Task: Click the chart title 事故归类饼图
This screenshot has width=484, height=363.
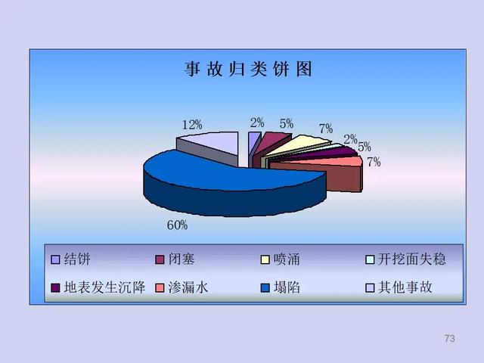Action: tap(248, 69)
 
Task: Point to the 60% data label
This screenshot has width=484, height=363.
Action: tap(177, 225)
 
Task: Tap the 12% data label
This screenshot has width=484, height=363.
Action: tap(192, 125)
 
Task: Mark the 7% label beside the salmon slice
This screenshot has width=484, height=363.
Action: tap(374, 162)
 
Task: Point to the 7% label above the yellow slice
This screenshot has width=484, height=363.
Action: tap(326, 129)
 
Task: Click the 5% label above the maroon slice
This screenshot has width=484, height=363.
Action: tap(287, 123)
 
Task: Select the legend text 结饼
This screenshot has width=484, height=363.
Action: tap(77, 259)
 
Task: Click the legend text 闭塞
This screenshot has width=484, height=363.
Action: tap(181, 259)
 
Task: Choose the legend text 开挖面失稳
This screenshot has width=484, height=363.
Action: tap(411, 259)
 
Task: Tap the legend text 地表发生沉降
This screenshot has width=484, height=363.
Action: tap(104, 287)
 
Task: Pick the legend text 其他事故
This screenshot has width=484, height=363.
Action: tap(405, 287)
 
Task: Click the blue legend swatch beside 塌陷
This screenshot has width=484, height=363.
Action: tap(265, 287)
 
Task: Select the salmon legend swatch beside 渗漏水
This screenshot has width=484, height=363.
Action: tap(160, 287)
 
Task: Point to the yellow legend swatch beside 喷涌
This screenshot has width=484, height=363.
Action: tap(265, 259)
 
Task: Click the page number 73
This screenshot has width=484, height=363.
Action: tap(449, 338)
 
